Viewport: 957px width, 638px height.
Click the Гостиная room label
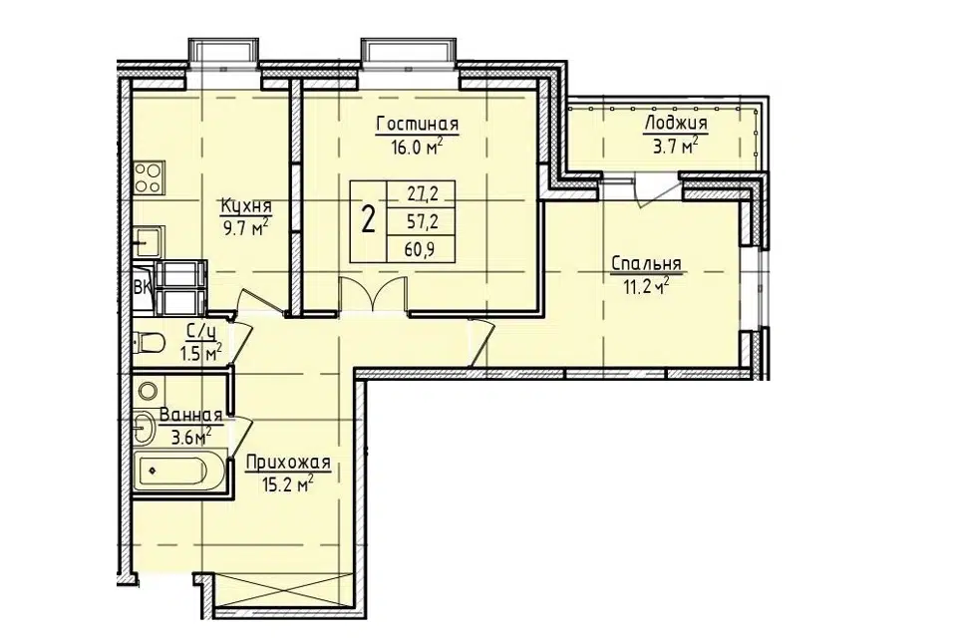tap(418, 125)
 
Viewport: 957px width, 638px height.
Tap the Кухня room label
tap(246, 205)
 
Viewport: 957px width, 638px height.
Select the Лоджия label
tap(676, 124)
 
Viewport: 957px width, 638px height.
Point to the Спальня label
tap(646, 264)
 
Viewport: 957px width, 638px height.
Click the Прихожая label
tap(288, 463)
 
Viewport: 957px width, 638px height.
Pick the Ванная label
tap(190, 415)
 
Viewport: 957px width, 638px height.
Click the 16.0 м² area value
tap(418, 148)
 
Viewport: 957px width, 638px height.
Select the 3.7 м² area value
tap(676, 147)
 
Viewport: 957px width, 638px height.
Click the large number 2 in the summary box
tap(368, 220)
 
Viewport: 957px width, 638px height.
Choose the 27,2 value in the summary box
tap(423, 194)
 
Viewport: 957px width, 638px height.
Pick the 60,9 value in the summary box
tap(423, 248)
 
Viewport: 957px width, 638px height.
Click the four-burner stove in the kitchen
tap(148, 177)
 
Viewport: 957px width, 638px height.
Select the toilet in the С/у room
tap(149, 342)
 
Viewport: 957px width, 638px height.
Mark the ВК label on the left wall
tap(142, 287)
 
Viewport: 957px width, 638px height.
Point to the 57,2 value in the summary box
tap(423, 221)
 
